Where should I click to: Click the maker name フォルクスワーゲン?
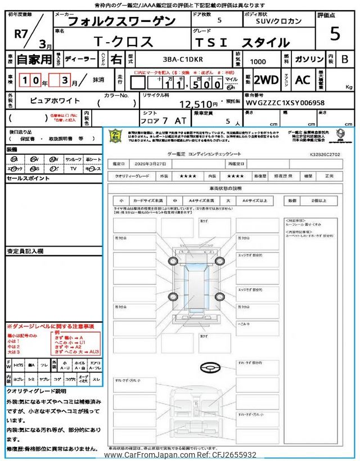point(120,22)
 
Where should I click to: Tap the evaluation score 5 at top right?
point(335,34)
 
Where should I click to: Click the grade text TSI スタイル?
point(242,42)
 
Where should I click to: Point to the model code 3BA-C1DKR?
point(176,59)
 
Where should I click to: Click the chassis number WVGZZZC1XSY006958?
point(285,104)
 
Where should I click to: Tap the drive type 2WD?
point(265,80)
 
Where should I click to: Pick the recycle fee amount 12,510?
point(197,104)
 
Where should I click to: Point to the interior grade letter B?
point(344,59)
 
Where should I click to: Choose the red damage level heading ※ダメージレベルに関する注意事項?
point(51,326)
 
